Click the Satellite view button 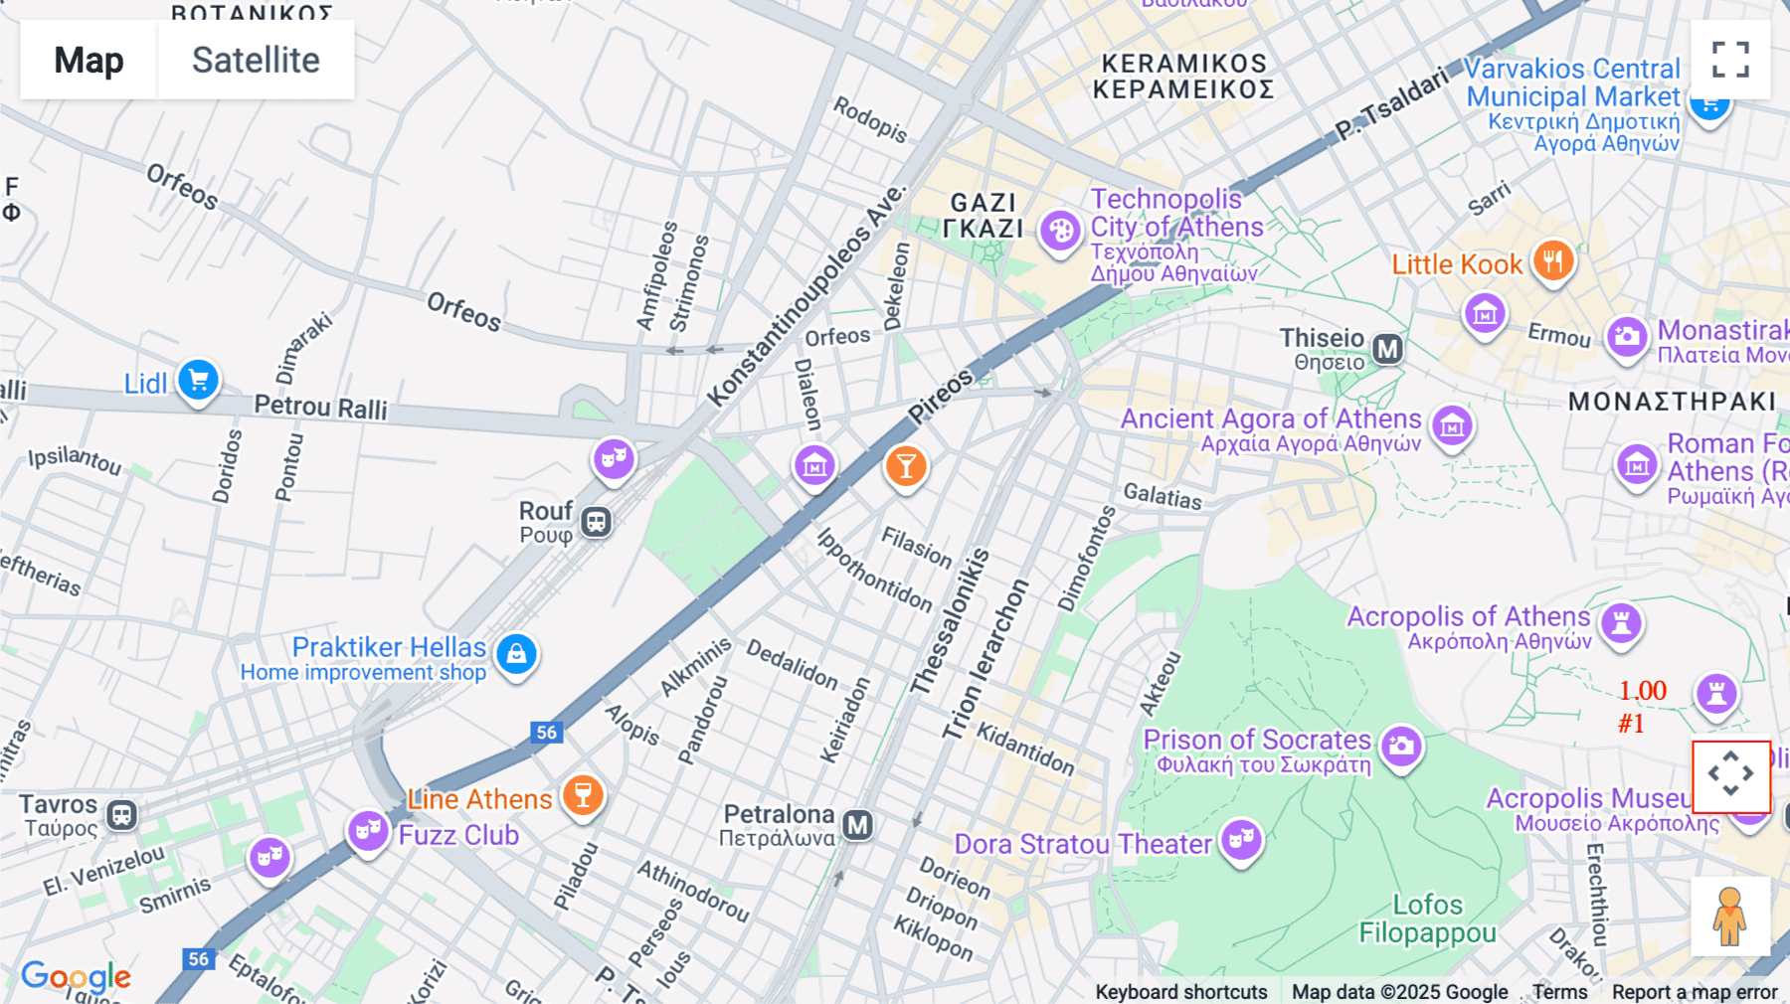click(256, 60)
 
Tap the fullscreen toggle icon click(1730, 60)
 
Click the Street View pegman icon click(1730, 917)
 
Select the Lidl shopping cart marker click(198, 380)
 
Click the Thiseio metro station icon click(1387, 349)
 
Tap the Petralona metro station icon click(857, 825)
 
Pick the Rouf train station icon click(596, 522)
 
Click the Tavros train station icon click(121, 816)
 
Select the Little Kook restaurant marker click(1551, 261)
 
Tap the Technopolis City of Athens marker click(1060, 231)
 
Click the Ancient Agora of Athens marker click(1452, 426)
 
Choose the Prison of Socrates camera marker click(1401, 745)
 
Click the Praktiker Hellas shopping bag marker click(516, 654)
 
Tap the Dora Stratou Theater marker click(1241, 839)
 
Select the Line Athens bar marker click(583, 795)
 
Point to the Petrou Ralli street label click(320, 407)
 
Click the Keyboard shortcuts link click(1180, 991)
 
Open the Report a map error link click(1694, 991)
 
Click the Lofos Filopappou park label click(1427, 919)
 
